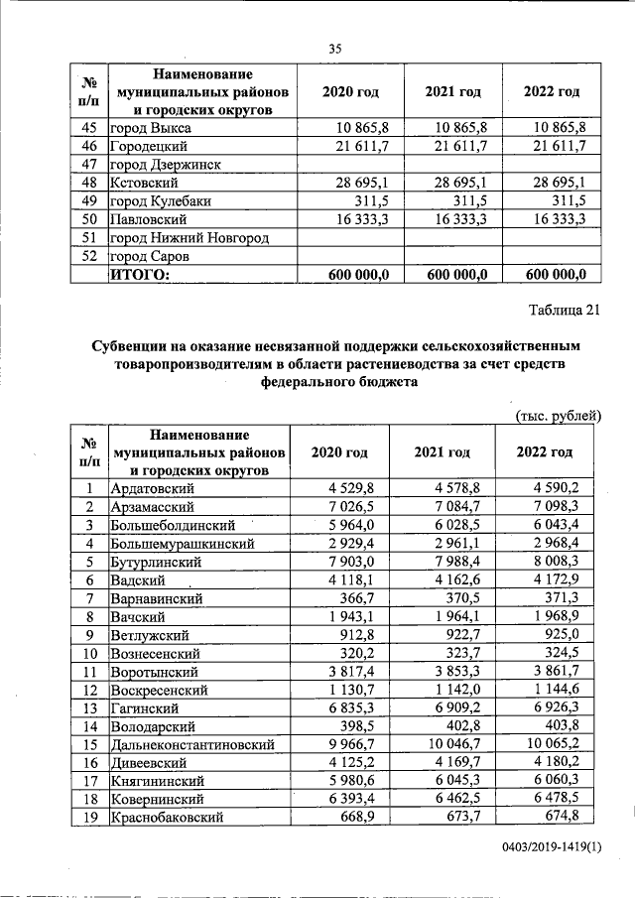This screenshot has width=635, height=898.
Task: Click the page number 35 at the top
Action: [335, 50]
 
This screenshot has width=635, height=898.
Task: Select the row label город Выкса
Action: [151, 128]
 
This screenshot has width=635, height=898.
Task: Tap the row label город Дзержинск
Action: [164, 165]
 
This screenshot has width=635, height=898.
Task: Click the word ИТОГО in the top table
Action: [140, 274]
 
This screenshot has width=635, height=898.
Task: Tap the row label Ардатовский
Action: [153, 488]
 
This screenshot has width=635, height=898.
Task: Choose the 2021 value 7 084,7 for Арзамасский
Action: [451, 507]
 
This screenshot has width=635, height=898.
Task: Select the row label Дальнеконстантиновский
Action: [188, 744]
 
